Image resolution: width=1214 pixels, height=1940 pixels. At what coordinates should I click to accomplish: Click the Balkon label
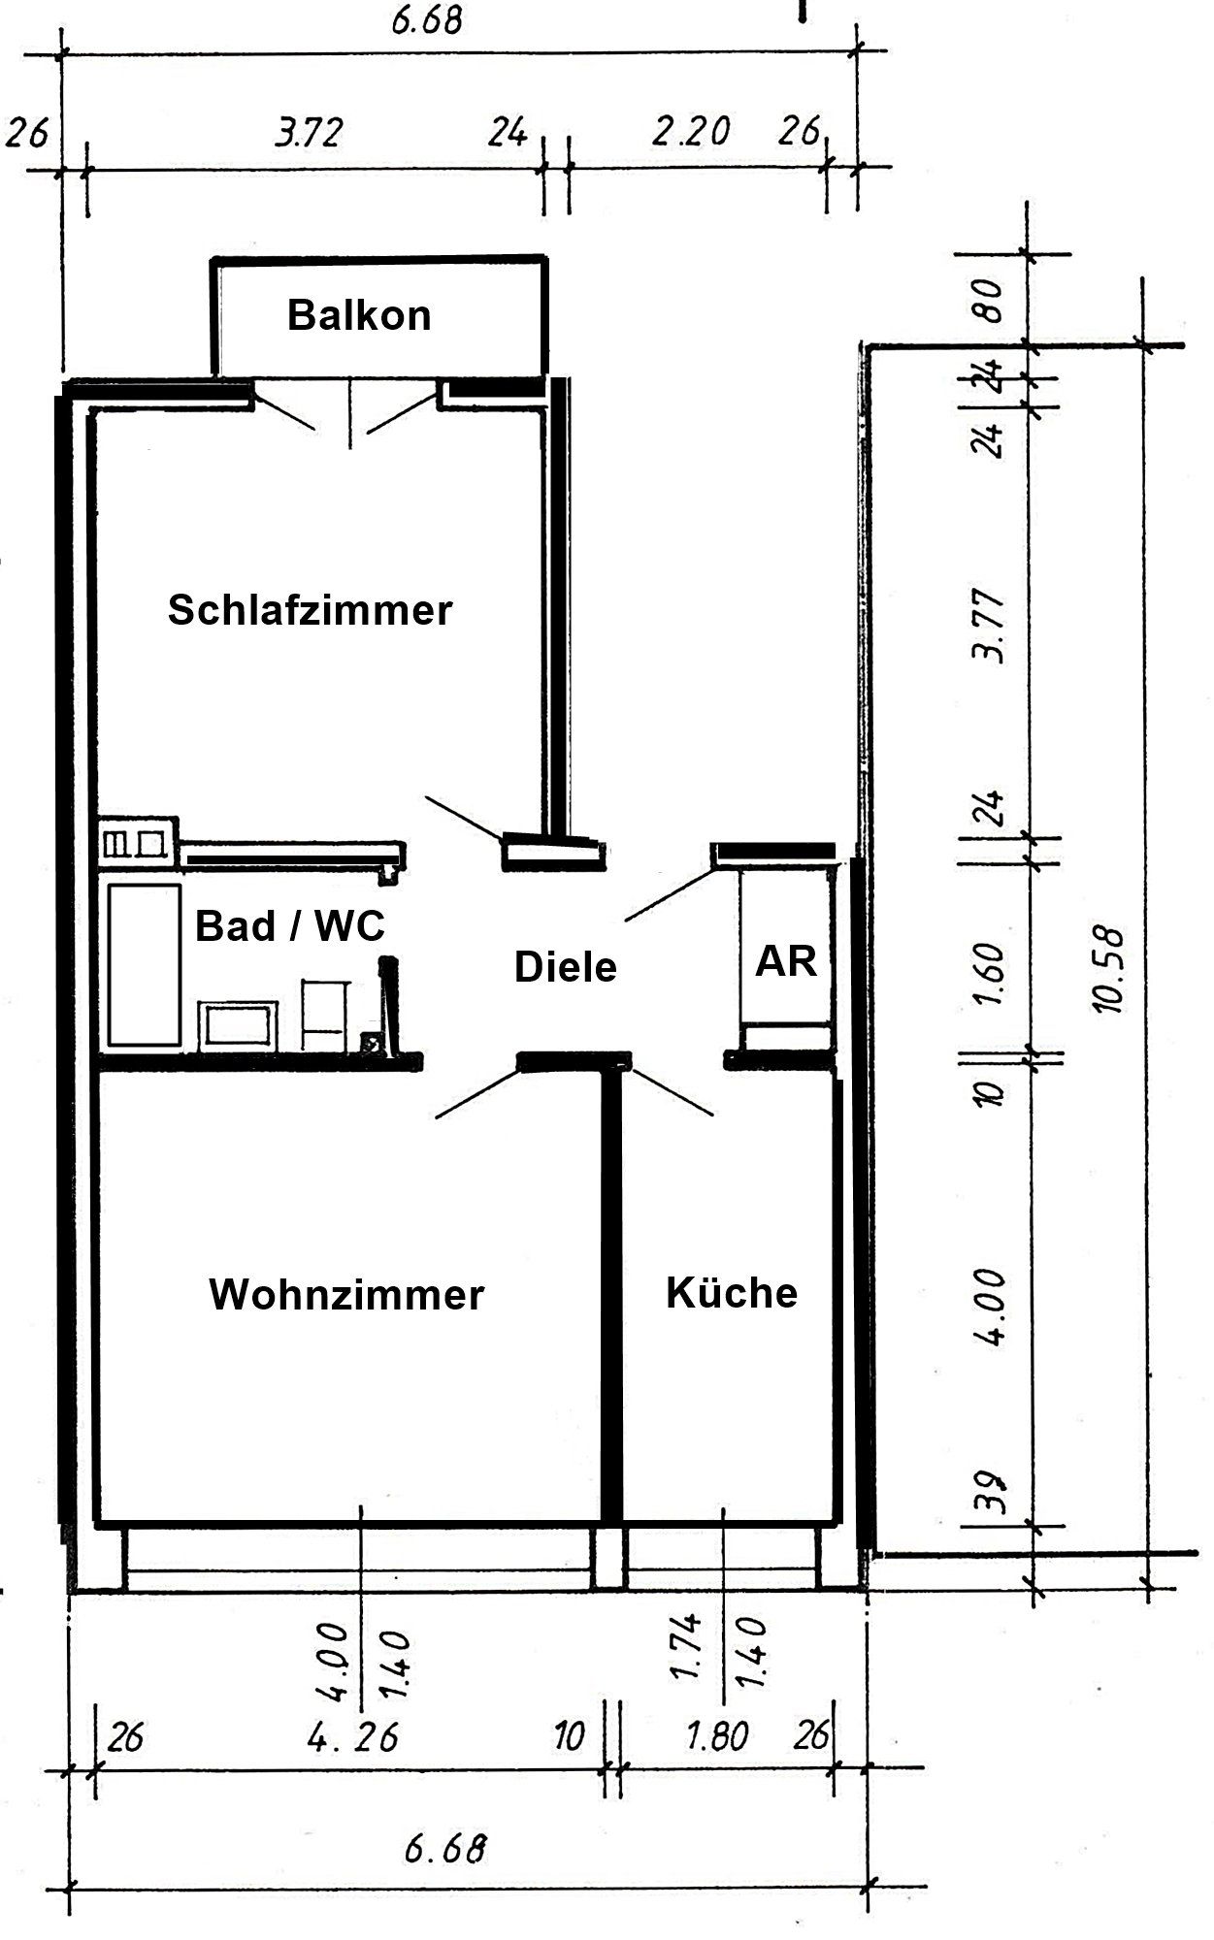(359, 316)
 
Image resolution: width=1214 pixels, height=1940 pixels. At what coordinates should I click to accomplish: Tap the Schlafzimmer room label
(310, 611)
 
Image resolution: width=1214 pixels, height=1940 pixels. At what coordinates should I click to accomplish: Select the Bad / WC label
(290, 926)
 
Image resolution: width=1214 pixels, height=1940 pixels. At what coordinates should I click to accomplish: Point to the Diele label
(565, 967)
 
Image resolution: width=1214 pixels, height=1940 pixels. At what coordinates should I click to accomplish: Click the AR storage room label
(786, 961)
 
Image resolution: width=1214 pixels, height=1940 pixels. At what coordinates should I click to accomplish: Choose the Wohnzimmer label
(346, 1294)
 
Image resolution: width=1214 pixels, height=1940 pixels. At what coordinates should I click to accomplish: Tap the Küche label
(732, 1292)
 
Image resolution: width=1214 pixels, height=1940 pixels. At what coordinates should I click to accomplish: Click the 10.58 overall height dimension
(1107, 970)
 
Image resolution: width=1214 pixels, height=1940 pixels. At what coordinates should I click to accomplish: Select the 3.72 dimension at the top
(310, 133)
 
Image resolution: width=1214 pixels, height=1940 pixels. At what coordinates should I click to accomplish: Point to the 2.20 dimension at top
(690, 131)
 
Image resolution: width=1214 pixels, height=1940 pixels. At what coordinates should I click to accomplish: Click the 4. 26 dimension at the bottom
(353, 1736)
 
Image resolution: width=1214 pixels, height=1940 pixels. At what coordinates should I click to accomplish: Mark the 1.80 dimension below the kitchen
(716, 1736)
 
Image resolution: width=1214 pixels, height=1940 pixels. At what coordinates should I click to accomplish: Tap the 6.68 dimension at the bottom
(445, 1849)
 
